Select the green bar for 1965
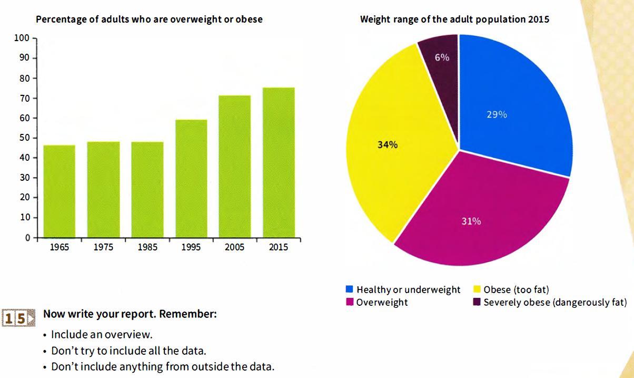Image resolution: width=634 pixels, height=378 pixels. [59, 191]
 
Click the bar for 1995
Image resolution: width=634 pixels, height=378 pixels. [191, 178]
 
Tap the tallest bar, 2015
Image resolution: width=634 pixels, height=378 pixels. [279, 162]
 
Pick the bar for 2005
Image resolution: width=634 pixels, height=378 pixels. [235, 166]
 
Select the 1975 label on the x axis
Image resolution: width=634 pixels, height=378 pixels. [103, 247]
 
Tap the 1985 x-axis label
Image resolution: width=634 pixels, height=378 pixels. [147, 247]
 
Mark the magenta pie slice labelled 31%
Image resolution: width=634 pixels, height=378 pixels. [479, 216]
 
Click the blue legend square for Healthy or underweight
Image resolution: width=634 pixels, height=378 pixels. [349, 289]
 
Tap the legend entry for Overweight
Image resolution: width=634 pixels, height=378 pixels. [382, 303]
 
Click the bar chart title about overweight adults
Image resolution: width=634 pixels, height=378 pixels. [149, 20]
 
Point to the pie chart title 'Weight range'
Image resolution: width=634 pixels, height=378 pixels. [454, 20]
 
